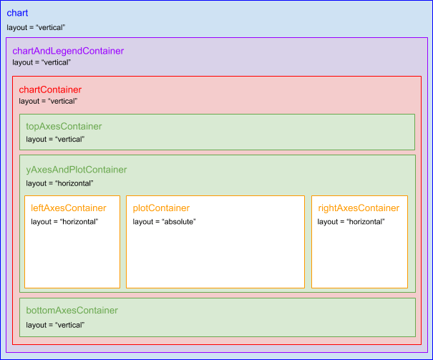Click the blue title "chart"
pos(18,13)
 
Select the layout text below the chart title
pos(37,28)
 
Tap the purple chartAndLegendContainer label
pos(68,51)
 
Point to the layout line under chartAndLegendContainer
pos(42,63)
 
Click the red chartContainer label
pos(50,90)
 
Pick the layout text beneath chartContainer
pos(48,102)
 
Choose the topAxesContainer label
pos(64,127)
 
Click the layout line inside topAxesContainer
pos(55,139)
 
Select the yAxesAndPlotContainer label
pos(77,170)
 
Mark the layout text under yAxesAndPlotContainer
pos(59,183)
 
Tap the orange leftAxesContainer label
pos(69,208)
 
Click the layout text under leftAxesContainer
pos(64,221)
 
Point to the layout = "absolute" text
pos(164,221)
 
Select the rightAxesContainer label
pos(359,208)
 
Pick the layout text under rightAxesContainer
pos(351,221)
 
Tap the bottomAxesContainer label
pos(72,311)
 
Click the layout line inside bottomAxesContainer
pos(55,325)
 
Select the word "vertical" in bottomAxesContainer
pos(70,325)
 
